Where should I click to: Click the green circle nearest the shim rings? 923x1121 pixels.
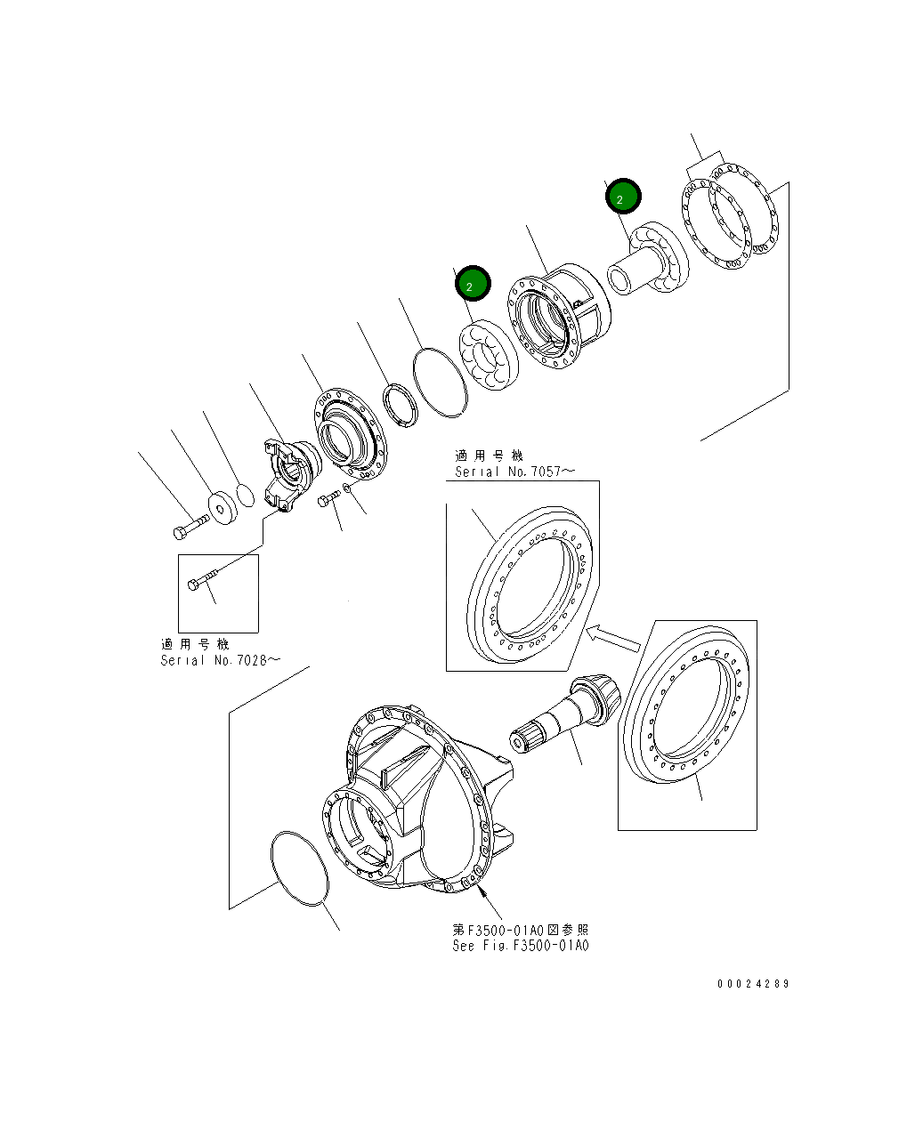pos(623,198)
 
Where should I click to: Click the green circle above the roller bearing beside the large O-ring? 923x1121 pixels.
pos(472,284)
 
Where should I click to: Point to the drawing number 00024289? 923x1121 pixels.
pos(753,984)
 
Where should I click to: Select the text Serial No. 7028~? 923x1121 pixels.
pos(221,660)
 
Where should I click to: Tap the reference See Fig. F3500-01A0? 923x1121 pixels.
pos(520,946)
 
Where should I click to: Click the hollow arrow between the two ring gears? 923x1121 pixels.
pos(615,635)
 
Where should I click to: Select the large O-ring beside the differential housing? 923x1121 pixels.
pos(300,870)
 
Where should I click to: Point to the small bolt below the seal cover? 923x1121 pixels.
pos(330,500)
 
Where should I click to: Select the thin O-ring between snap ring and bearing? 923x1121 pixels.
pos(439,383)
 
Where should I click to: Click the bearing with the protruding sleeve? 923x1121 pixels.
pos(648,260)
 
